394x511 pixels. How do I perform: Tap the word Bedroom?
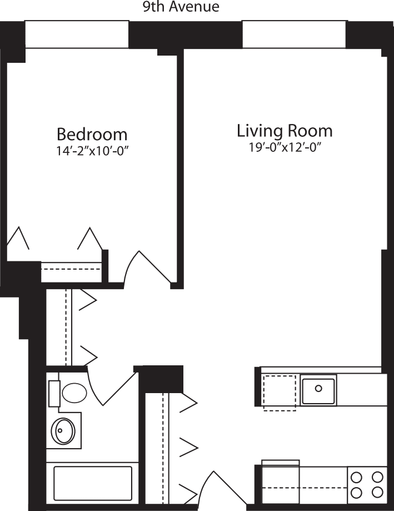pyautogui.click(x=92, y=135)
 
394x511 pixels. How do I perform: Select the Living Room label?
pyautogui.click(x=285, y=131)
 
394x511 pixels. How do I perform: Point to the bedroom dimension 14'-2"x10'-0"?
pyautogui.click(x=92, y=151)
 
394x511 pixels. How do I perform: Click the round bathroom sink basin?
pyautogui.click(x=64, y=430)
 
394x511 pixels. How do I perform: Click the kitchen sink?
pyautogui.click(x=318, y=390)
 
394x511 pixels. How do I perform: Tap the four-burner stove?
pyautogui.click(x=367, y=484)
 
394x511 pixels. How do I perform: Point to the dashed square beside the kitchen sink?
pyautogui.click(x=279, y=393)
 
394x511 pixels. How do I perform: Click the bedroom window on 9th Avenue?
pyautogui.click(x=77, y=34)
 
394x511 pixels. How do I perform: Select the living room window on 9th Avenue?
pyautogui.click(x=293, y=34)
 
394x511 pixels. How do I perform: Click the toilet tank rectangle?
pyautogui.click(x=54, y=394)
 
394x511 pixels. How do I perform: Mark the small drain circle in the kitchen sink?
pyautogui.click(x=318, y=388)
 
